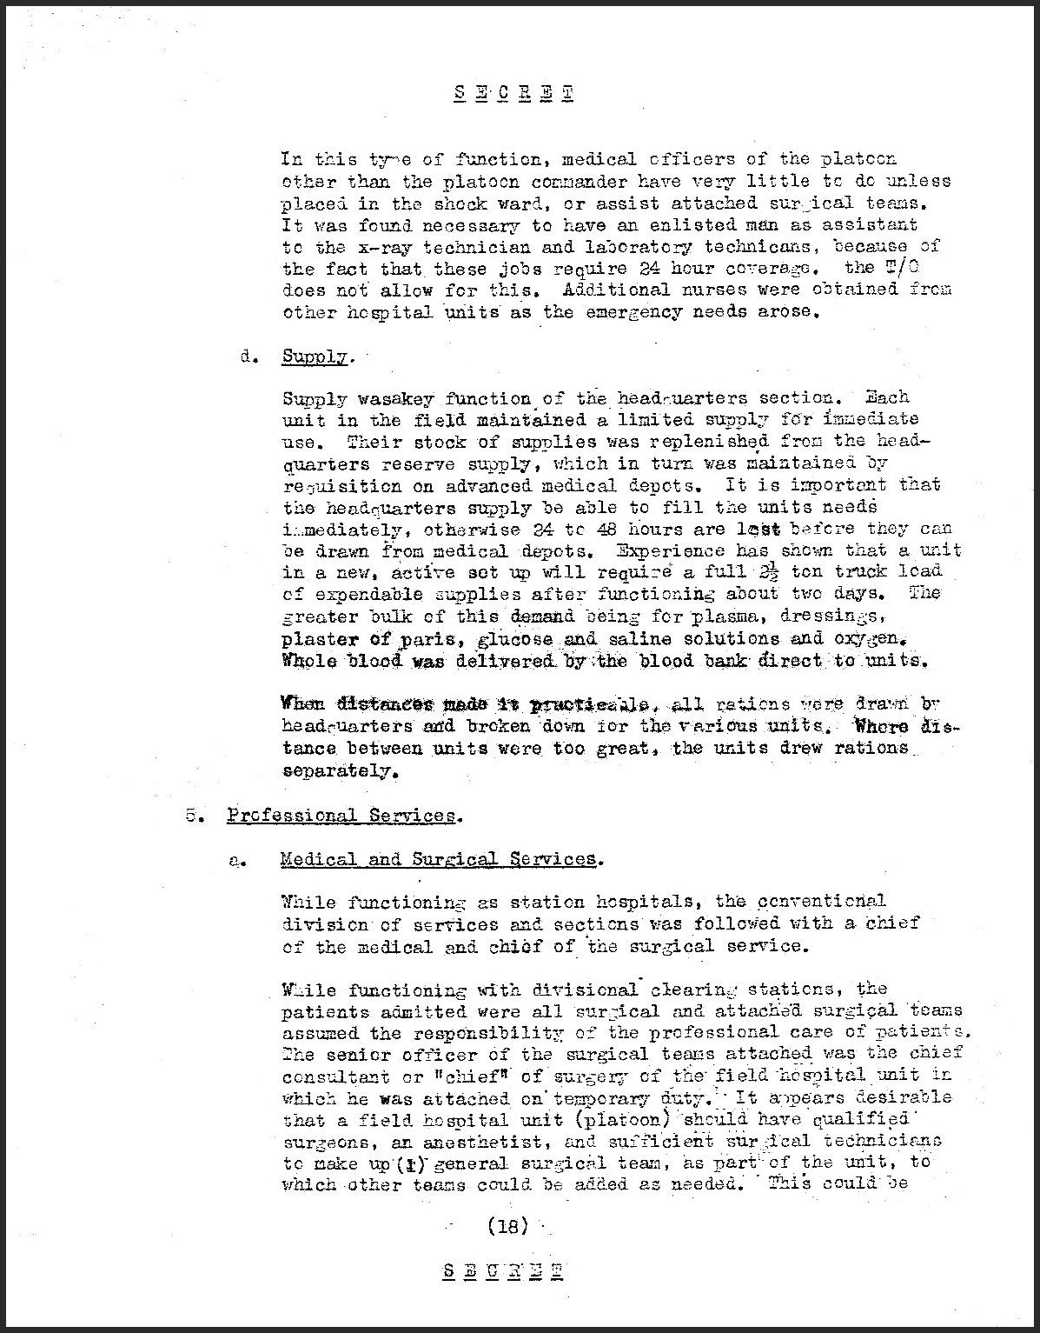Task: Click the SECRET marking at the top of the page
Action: [x=513, y=94]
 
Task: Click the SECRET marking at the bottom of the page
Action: [x=502, y=1270]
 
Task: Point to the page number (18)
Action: [x=508, y=1226]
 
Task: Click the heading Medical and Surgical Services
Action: [x=439, y=859]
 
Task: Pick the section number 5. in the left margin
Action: [x=193, y=815]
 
